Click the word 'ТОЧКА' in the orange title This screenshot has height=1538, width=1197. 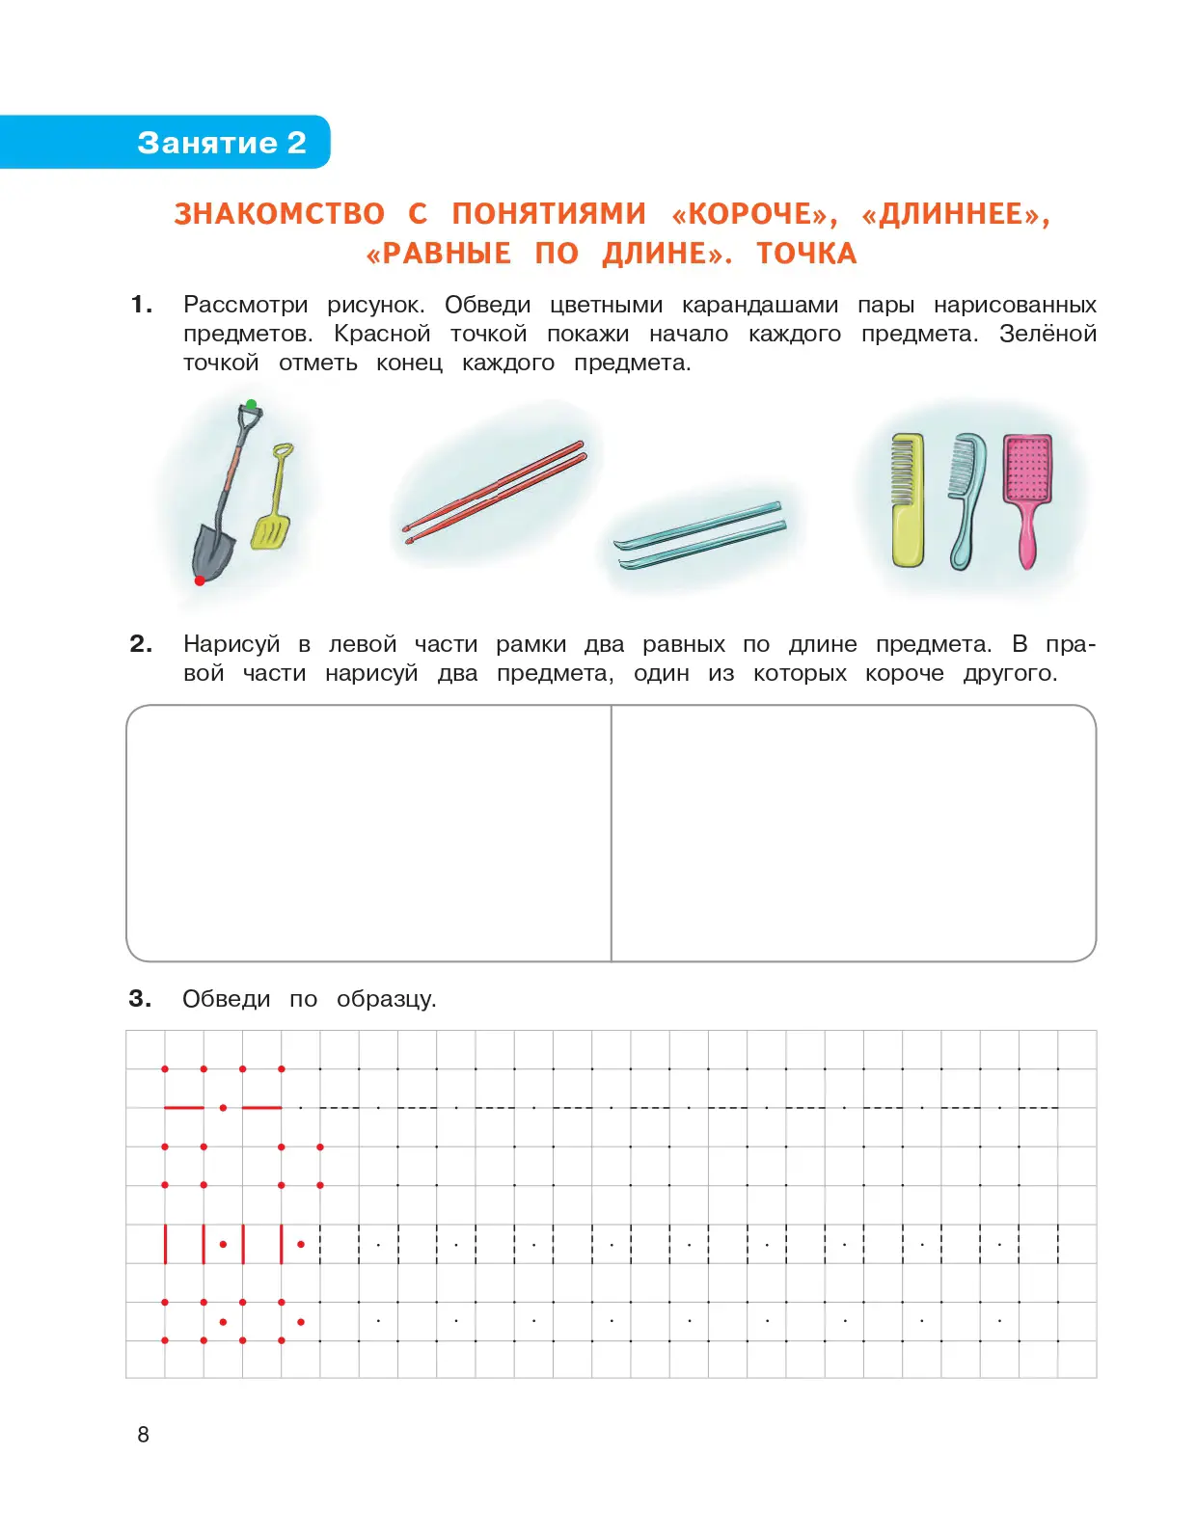(x=806, y=254)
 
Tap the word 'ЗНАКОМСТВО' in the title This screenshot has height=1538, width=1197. (x=279, y=214)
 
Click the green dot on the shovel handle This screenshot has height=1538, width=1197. (x=251, y=405)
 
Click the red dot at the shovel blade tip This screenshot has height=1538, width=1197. (x=200, y=580)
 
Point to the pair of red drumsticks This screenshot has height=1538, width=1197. (x=494, y=492)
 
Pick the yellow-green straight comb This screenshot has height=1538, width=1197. (x=907, y=499)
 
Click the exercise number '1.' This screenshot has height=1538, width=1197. (x=142, y=305)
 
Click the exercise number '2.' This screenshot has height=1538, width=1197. (x=141, y=644)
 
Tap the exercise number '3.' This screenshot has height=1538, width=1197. (x=140, y=999)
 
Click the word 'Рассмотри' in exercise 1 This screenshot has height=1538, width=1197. (x=245, y=306)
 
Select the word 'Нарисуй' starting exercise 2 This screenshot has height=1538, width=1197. (x=231, y=644)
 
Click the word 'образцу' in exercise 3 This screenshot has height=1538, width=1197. (x=385, y=1000)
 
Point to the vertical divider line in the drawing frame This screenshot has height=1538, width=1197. (x=612, y=833)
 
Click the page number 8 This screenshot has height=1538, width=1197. (x=144, y=1435)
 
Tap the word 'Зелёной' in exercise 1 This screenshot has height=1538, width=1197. (x=1047, y=335)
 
